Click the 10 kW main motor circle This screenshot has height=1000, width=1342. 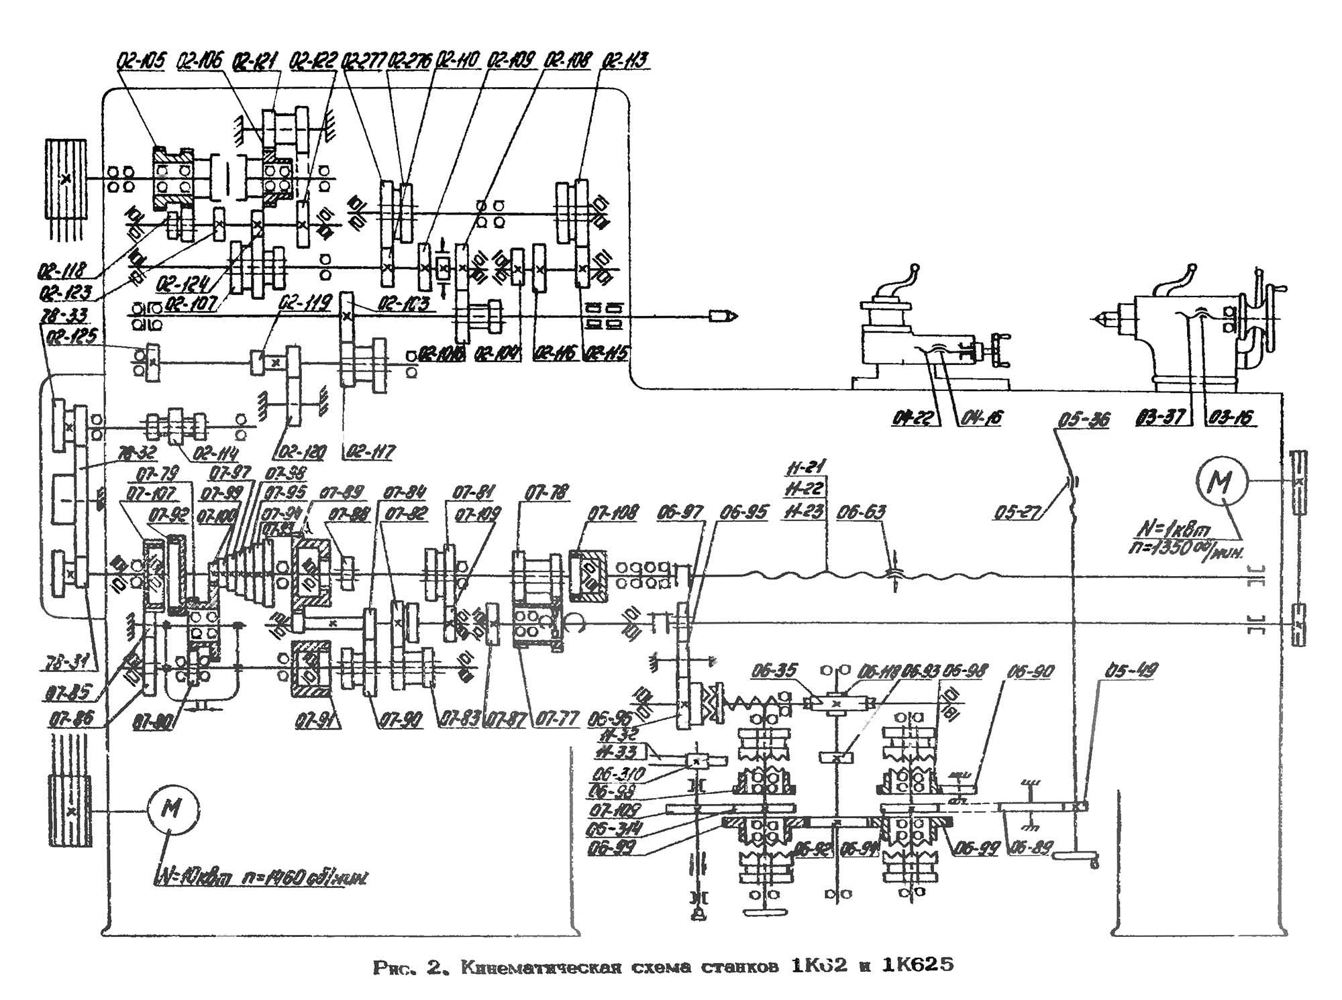click(x=172, y=810)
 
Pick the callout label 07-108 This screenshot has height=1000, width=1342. click(x=613, y=514)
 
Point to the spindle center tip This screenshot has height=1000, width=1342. click(x=730, y=315)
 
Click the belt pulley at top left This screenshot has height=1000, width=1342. click(x=66, y=179)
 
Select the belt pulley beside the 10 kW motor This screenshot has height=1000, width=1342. click(x=70, y=811)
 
